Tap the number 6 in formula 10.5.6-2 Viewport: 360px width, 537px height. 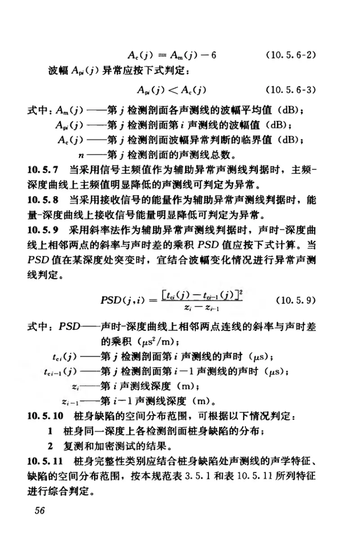[214, 55]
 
